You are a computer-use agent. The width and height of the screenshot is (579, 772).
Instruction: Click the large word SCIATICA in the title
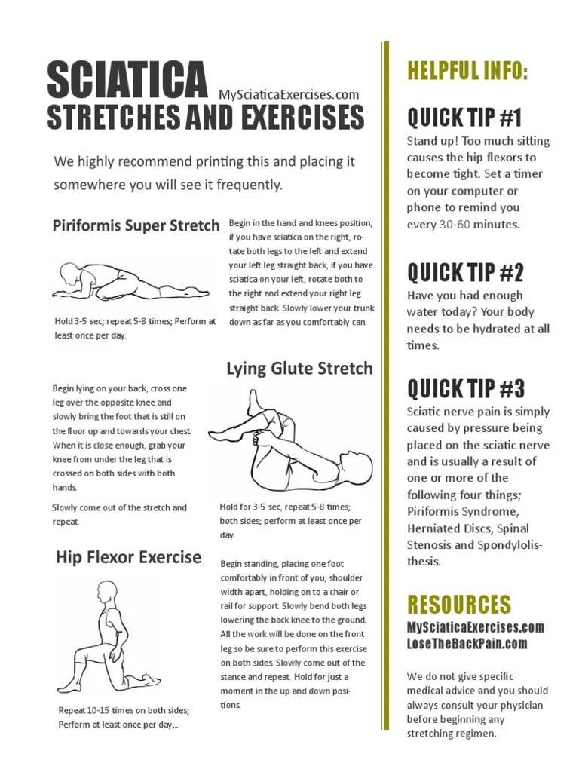(127, 80)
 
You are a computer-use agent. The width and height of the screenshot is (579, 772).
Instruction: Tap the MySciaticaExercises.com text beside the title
(289, 94)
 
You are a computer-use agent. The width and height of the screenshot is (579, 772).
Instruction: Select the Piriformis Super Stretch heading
(136, 225)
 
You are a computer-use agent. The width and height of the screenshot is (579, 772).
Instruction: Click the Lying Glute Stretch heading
(299, 368)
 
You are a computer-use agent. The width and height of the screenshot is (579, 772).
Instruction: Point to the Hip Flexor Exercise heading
(128, 558)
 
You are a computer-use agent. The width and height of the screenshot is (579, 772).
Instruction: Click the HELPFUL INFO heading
(467, 72)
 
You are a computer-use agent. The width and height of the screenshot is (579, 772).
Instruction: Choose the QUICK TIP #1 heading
(464, 118)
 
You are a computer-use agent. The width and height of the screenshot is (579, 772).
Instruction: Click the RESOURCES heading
(458, 604)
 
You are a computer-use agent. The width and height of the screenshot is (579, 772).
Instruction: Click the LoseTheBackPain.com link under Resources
(467, 643)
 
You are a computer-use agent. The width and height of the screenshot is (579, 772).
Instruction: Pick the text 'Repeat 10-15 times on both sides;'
(124, 710)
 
